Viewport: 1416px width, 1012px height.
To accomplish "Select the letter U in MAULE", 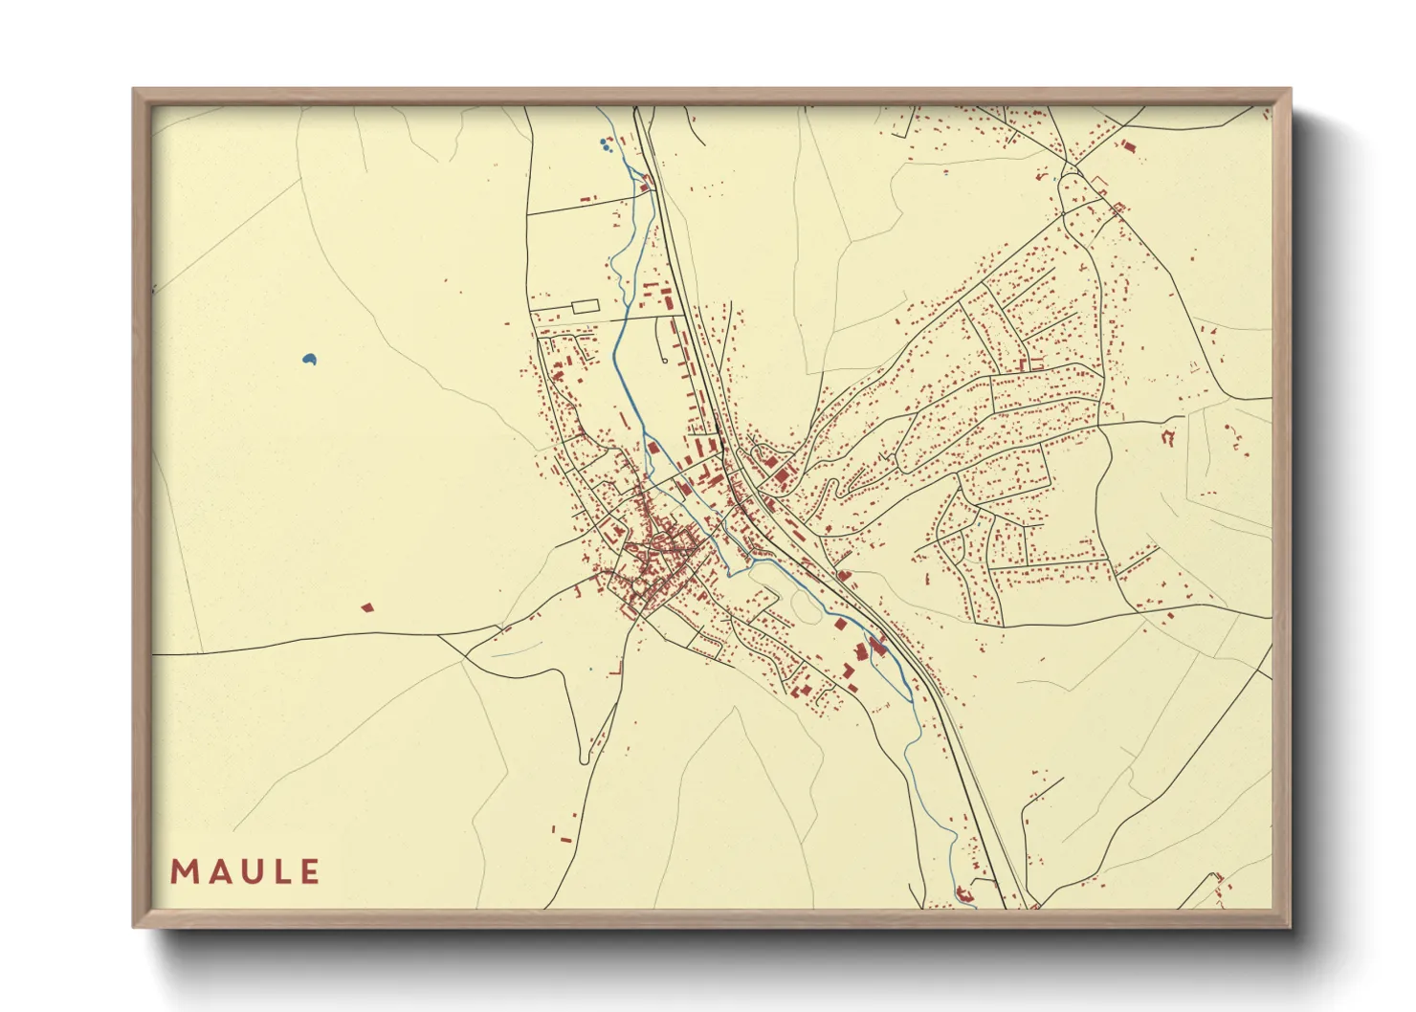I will coord(250,872).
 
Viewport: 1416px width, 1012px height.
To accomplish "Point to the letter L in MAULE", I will coord(280,872).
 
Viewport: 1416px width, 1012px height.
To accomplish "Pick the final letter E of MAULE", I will coord(309,872).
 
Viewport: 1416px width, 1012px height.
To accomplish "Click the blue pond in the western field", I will coord(308,360).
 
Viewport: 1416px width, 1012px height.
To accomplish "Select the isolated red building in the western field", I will coord(366,607).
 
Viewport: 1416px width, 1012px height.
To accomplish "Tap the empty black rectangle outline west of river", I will coord(585,305).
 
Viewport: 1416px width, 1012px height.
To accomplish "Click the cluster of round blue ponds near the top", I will coord(604,145).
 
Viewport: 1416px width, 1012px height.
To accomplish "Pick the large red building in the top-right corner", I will coord(1128,147).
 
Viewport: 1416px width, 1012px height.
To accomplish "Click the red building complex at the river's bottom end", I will coord(964,896).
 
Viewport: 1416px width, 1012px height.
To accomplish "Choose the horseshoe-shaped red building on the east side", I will coord(1167,437).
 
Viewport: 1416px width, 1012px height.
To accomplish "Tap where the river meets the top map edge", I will coord(600,108).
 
